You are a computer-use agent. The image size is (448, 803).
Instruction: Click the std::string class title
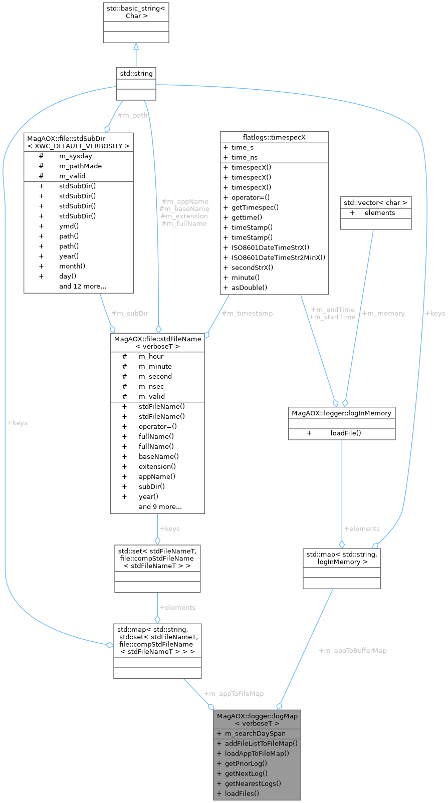pyautogui.click(x=136, y=74)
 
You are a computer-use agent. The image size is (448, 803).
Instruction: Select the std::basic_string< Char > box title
pyautogui.click(x=136, y=12)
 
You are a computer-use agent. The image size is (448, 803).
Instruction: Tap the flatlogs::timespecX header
pyautogui.click(x=274, y=137)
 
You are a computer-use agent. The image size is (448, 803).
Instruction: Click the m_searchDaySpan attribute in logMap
pyautogui.click(x=255, y=733)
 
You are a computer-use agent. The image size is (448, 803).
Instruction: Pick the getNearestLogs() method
pyautogui.click(x=253, y=783)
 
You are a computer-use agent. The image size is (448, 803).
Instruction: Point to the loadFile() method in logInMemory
pyautogui.click(x=345, y=433)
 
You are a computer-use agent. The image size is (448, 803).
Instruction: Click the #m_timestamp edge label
pyautogui.click(x=247, y=314)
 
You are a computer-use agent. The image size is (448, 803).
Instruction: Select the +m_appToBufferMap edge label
pyautogui.click(x=352, y=651)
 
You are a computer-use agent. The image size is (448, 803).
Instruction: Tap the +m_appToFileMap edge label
pyautogui.click(x=234, y=694)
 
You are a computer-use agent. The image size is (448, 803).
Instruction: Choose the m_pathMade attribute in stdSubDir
pyautogui.click(x=80, y=166)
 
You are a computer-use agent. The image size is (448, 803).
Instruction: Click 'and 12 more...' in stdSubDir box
pyautogui.click(x=83, y=286)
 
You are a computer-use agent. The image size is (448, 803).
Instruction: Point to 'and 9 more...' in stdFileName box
pyautogui.click(x=160, y=506)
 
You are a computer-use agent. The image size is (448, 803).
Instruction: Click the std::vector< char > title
pyautogui.click(x=375, y=203)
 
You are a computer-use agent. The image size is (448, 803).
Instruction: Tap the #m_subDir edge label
pyautogui.click(x=129, y=314)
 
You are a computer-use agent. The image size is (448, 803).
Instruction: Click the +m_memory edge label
pyautogui.click(x=383, y=314)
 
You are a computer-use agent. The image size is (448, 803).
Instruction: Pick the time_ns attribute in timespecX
pyautogui.click(x=244, y=157)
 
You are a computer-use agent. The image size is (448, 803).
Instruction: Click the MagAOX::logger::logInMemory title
pyautogui.click(x=341, y=413)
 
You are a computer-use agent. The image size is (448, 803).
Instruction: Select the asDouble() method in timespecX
pyautogui.click(x=249, y=288)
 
